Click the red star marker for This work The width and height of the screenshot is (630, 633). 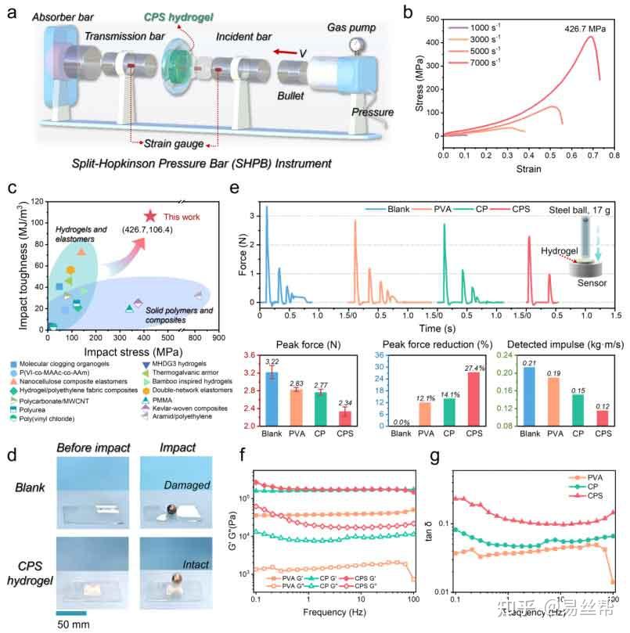149,215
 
